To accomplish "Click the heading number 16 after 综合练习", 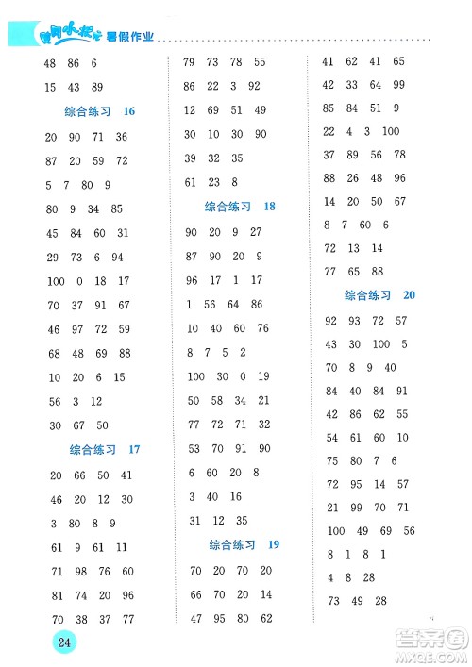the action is click(129, 111).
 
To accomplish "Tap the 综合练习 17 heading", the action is click(105, 450).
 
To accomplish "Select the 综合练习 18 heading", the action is click(240, 207).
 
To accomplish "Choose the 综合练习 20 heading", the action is click(380, 295).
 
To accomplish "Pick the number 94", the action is click(117, 258).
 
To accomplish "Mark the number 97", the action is click(75, 330).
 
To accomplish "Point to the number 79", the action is click(188, 62).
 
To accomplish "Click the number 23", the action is click(212, 182).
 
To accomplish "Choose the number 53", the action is click(194, 448).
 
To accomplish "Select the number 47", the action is click(195, 619).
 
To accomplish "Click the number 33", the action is click(351, 85).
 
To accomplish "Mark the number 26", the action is click(352, 178).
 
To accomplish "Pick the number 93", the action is click(353, 321).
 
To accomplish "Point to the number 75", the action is click(331, 461).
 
